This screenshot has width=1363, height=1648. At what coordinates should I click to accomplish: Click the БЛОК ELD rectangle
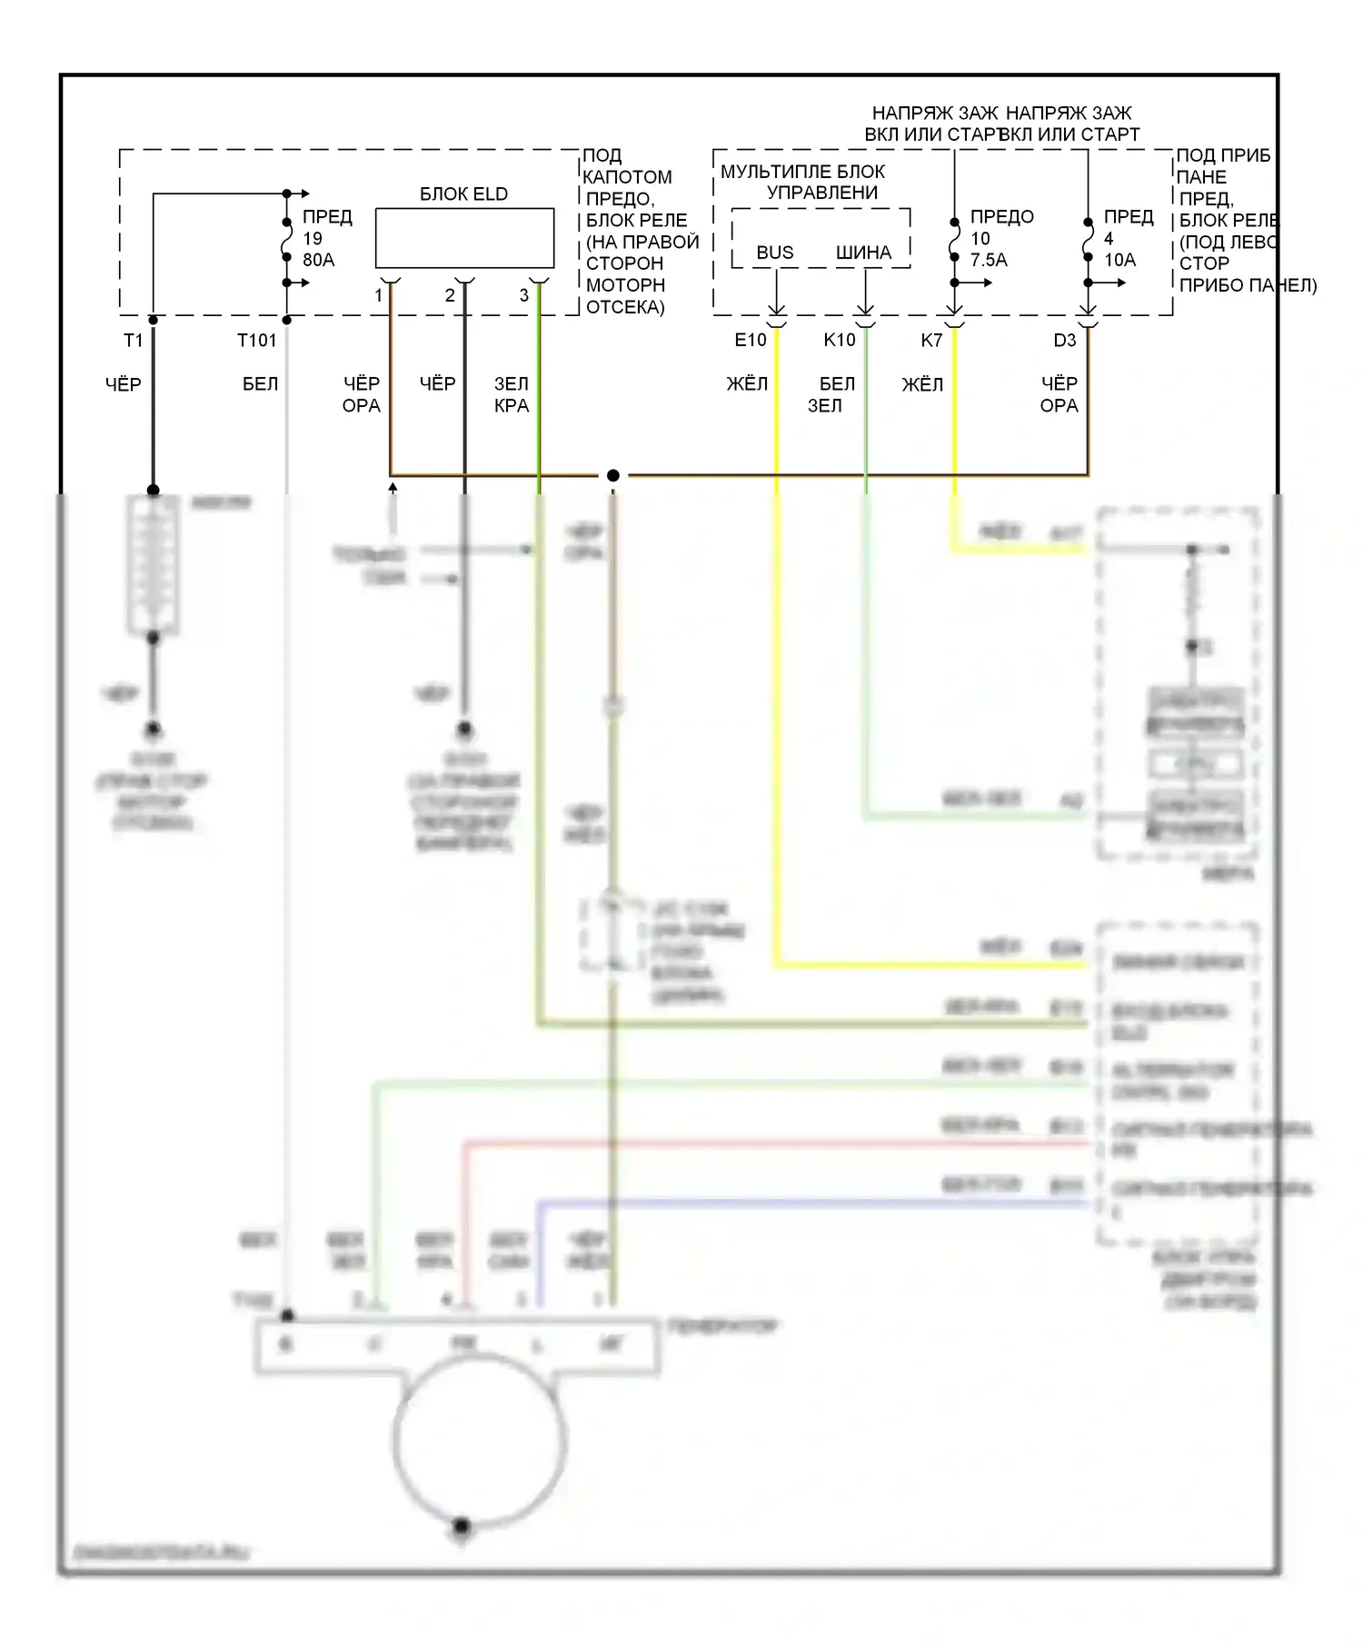tap(464, 238)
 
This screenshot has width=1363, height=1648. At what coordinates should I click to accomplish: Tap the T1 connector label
tap(134, 341)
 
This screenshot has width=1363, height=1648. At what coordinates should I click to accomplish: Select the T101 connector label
tap(256, 341)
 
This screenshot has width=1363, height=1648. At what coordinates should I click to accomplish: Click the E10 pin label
tap(751, 341)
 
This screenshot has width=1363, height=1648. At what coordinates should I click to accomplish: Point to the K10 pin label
tap(840, 341)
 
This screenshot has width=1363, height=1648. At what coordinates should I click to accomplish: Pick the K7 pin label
tap(931, 341)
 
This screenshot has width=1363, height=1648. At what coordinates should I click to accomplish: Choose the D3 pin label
tap(1065, 341)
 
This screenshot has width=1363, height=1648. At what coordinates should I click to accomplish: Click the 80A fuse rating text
tap(319, 260)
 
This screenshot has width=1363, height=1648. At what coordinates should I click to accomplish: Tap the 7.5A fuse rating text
tap(989, 260)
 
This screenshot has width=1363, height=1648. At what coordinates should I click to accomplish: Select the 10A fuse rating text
tap(1119, 260)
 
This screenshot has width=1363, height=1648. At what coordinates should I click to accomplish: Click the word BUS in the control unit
tap(775, 253)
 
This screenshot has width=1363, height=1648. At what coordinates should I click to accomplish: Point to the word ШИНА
tap(863, 253)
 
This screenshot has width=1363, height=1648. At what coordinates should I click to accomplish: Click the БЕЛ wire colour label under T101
tap(260, 384)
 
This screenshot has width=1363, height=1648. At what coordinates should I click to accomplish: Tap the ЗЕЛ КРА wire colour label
tap(511, 395)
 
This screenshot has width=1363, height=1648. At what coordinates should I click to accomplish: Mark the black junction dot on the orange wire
tap(613, 475)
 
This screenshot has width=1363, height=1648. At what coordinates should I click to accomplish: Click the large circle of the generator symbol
tap(479, 1441)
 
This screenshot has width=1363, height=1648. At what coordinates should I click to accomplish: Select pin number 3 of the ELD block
tap(524, 295)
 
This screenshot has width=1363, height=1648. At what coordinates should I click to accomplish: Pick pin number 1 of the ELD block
tap(379, 295)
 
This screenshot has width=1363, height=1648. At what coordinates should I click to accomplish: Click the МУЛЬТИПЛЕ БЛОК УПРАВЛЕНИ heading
tap(803, 182)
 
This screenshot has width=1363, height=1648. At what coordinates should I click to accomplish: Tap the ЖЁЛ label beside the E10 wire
tap(747, 384)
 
